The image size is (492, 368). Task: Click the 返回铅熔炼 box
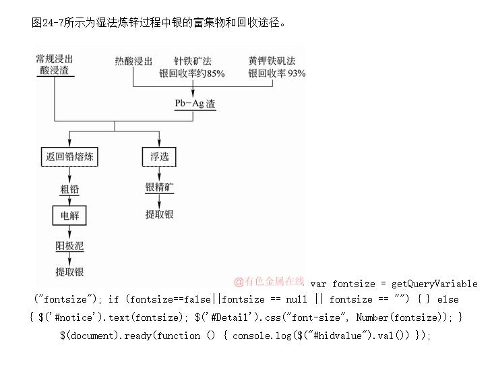click(x=69, y=157)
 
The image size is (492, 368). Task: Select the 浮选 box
click(x=159, y=157)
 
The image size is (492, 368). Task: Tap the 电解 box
click(x=69, y=216)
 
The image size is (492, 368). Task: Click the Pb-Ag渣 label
click(x=195, y=104)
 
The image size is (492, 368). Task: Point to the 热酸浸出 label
click(x=133, y=61)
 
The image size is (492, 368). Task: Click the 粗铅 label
click(x=69, y=189)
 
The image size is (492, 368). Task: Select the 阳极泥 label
click(x=69, y=246)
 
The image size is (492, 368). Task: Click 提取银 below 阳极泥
click(x=69, y=272)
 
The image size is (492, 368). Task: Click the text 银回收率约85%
click(x=192, y=73)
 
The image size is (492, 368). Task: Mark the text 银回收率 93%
click(x=276, y=73)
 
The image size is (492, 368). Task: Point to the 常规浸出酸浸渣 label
click(x=55, y=65)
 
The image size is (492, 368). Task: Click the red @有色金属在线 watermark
click(x=269, y=281)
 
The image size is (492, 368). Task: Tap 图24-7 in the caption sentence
click(x=49, y=22)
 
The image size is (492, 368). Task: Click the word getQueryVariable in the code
click(x=434, y=284)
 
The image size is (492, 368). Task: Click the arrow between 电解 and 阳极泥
click(x=69, y=233)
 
